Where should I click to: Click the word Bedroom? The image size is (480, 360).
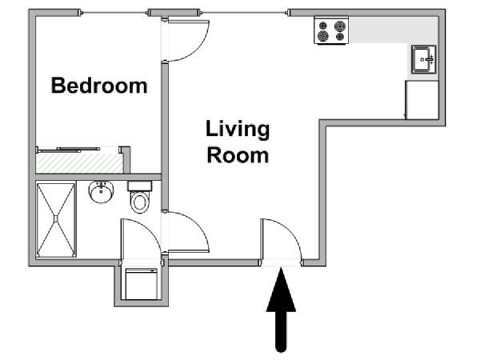point(99,86)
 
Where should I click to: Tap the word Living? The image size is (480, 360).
point(238,130)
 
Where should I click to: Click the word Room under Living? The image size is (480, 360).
point(238,155)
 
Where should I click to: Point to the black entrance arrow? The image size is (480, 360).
point(281,309)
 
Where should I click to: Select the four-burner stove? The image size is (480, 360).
point(331,30)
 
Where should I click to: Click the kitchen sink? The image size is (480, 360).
point(424,59)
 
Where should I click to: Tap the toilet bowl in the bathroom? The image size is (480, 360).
point(139,202)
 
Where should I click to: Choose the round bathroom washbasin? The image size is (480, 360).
point(102,192)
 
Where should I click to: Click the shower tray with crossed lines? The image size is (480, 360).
point(56,219)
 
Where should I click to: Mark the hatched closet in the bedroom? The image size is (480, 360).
point(80,163)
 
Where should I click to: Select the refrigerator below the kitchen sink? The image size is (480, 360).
point(422,100)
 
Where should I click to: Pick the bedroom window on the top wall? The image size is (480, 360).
point(114,13)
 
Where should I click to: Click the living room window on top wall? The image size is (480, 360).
point(244,13)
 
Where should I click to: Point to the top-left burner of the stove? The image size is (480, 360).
point(322,26)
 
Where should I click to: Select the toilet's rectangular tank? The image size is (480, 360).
point(139,186)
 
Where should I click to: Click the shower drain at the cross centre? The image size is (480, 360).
point(56,219)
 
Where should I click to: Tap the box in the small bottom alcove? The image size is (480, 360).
point(142,284)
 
